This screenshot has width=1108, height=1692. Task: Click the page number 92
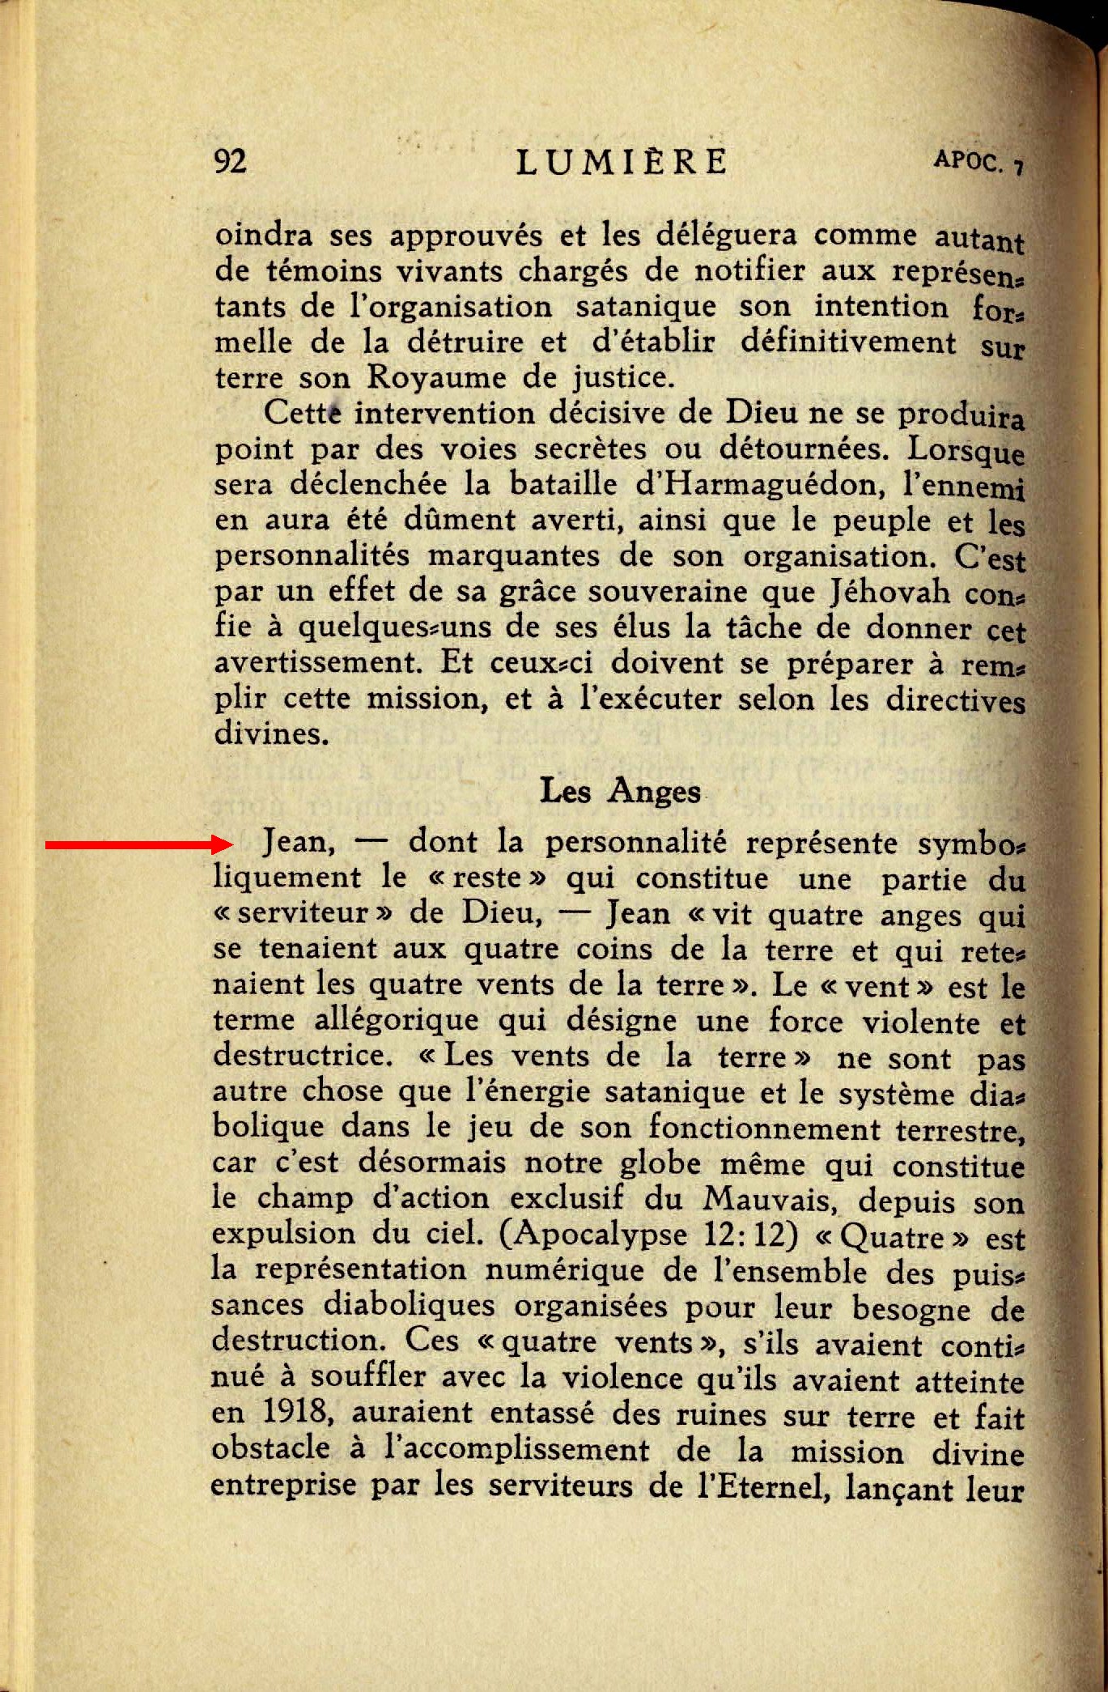tap(231, 161)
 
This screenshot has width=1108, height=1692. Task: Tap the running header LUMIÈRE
tap(622, 162)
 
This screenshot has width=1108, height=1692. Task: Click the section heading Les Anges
tap(620, 791)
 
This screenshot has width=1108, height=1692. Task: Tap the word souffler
tap(369, 1376)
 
